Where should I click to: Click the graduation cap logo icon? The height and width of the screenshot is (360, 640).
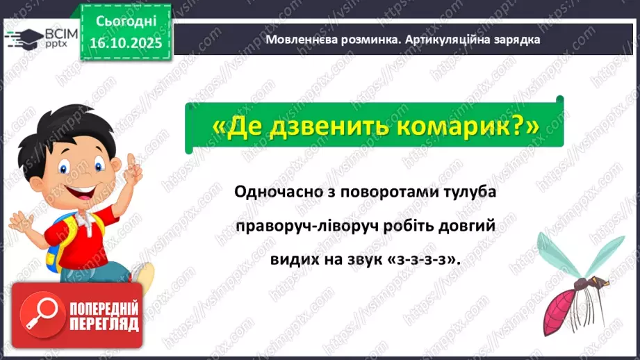pyautogui.click(x=19, y=37)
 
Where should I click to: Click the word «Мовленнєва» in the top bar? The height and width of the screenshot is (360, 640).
pyautogui.click(x=300, y=40)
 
